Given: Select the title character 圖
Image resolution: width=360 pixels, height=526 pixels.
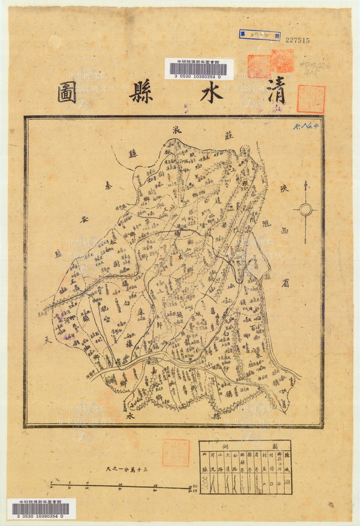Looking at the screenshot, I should click(67, 93).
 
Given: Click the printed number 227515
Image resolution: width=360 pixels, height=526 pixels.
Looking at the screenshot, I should click(298, 40).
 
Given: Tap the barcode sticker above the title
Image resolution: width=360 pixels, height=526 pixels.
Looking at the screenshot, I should click(199, 69).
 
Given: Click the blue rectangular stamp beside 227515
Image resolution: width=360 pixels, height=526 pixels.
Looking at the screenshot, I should click(259, 35).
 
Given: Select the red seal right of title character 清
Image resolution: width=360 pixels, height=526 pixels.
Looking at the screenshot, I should click(310, 98).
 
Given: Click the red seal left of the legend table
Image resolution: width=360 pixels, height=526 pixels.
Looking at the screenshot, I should click(175, 452).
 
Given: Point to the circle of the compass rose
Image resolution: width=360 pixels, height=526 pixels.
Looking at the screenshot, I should click(305, 210).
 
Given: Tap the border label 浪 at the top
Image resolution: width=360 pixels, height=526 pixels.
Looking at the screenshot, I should click(176, 130).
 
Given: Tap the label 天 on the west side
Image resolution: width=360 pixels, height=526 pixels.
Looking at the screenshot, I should click(47, 339).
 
